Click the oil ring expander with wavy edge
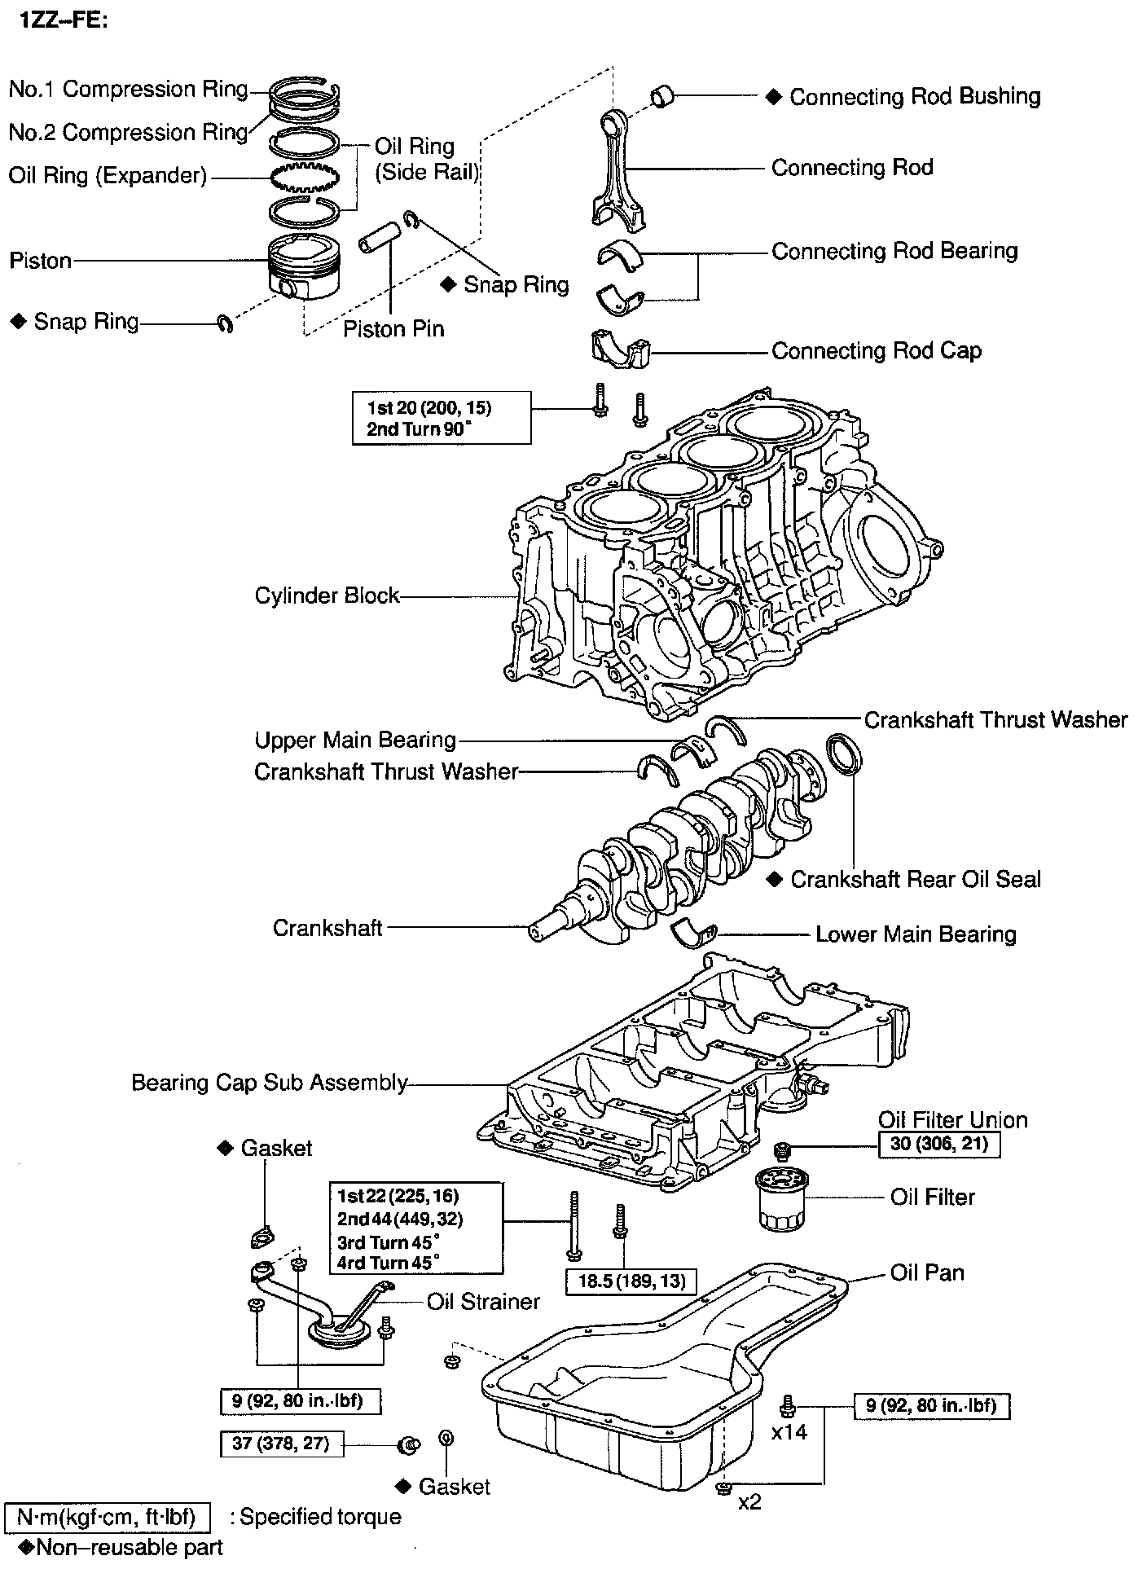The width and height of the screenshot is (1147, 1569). click(304, 176)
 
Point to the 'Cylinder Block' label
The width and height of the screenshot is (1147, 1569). click(327, 596)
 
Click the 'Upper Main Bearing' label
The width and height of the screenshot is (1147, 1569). click(355, 740)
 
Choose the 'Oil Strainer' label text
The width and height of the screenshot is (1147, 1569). click(483, 1301)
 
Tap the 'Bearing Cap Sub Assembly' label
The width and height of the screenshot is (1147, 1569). click(269, 1082)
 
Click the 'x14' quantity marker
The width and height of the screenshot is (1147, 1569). click(789, 1431)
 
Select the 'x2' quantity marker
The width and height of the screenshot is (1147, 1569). click(749, 1501)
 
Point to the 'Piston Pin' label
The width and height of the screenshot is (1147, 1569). click(393, 329)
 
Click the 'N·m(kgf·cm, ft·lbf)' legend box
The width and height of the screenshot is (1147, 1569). click(108, 1517)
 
